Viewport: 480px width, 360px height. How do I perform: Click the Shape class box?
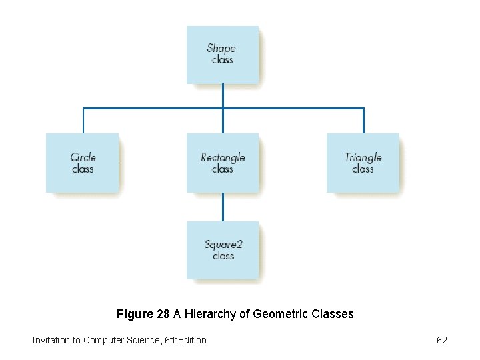[223, 55]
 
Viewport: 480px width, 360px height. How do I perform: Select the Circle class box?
[83, 163]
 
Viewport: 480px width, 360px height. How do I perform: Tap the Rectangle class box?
[223, 163]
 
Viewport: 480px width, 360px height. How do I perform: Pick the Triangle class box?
[363, 163]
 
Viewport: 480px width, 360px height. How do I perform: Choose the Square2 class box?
[223, 250]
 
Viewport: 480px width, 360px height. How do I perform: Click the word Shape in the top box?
[221, 48]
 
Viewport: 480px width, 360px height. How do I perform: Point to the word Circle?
[83, 157]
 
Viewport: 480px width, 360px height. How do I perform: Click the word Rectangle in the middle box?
[223, 157]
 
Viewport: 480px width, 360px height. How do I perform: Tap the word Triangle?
[363, 157]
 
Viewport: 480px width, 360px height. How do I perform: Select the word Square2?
[223, 244]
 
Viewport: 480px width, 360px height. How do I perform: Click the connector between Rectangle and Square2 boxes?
[223, 207]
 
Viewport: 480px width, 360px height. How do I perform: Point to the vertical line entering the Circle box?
[83, 121]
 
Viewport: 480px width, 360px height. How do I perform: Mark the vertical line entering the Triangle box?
[363, 121]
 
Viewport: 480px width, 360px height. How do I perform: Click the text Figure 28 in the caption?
[143, 313]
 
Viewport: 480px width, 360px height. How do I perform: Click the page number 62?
[442, 340]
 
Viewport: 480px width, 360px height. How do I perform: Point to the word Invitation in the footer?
[51, 340]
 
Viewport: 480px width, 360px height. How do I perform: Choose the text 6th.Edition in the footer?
[185, 340]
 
